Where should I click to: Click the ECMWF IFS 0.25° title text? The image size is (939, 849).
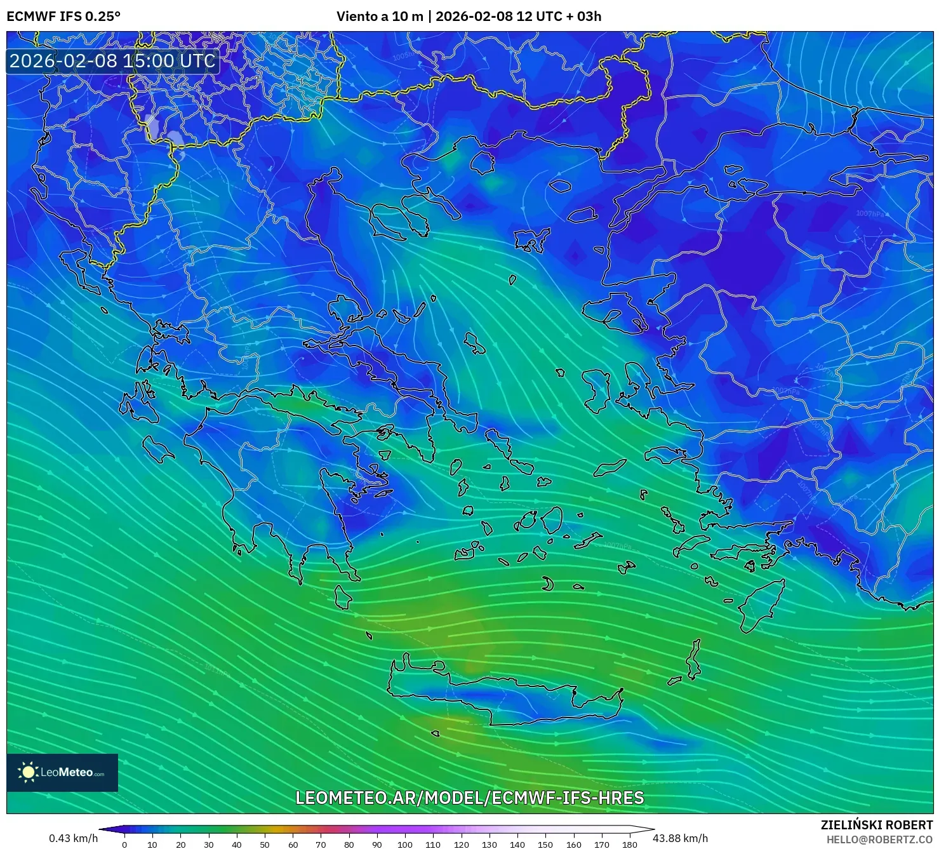[63, 17]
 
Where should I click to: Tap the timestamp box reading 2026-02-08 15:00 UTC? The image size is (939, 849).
[112, 61]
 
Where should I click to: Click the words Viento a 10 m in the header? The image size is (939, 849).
[379, 17]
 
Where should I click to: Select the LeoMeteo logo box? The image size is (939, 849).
[62, 772]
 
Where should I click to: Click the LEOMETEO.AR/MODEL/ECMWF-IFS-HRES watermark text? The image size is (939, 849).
[469, 798]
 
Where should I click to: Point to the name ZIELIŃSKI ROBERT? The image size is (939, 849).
[876, 825]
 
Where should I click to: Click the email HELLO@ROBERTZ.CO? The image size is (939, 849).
[879, 839]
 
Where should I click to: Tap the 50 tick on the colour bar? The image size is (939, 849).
[265, 845]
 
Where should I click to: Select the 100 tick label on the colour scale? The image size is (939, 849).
[405, 845]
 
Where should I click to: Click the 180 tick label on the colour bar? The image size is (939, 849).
[629, 845]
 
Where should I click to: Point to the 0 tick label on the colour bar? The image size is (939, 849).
[124, 845]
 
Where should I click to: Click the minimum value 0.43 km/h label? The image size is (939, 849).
[73, 838]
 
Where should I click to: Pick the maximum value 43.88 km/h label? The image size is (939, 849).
[680, 838]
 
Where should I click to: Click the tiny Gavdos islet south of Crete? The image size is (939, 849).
[435, 733]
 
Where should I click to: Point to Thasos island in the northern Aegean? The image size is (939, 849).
[483, 163]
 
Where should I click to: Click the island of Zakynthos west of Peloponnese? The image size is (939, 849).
[157, 449]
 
